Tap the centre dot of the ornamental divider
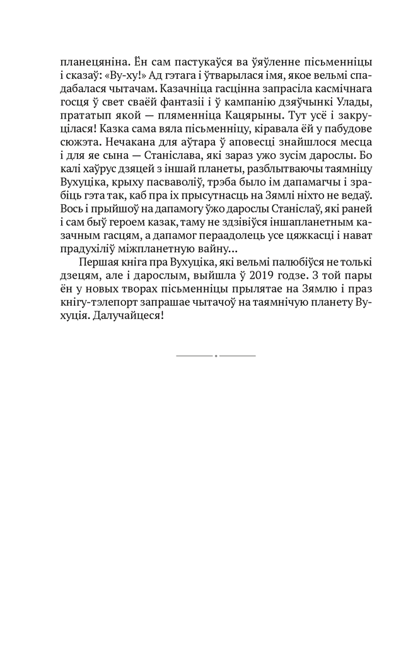click(x=216, y=356)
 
